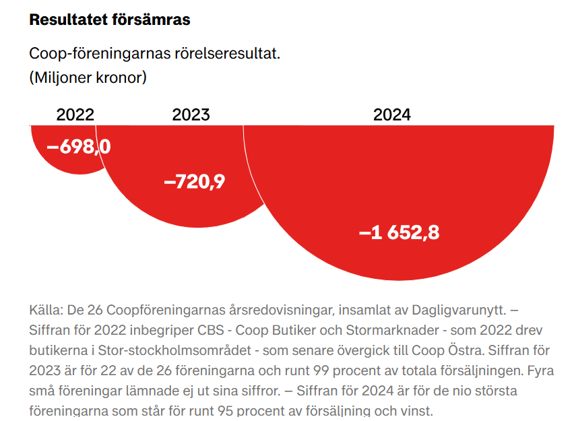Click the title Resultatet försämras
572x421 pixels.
pyautogui.click(x=110, y=20)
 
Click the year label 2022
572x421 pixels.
pyautogui.click(x=75, y=115)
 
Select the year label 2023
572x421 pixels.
pyautogui.click(x=191, y=115)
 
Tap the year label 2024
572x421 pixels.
pyautogui.click(x=391, y=115)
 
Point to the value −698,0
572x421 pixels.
pyautogui.click(x=78, y=146)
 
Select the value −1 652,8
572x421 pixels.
pyautogui.click(x=399, y=232)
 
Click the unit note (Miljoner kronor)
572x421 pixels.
pyautogui.click(x=88, y=77)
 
